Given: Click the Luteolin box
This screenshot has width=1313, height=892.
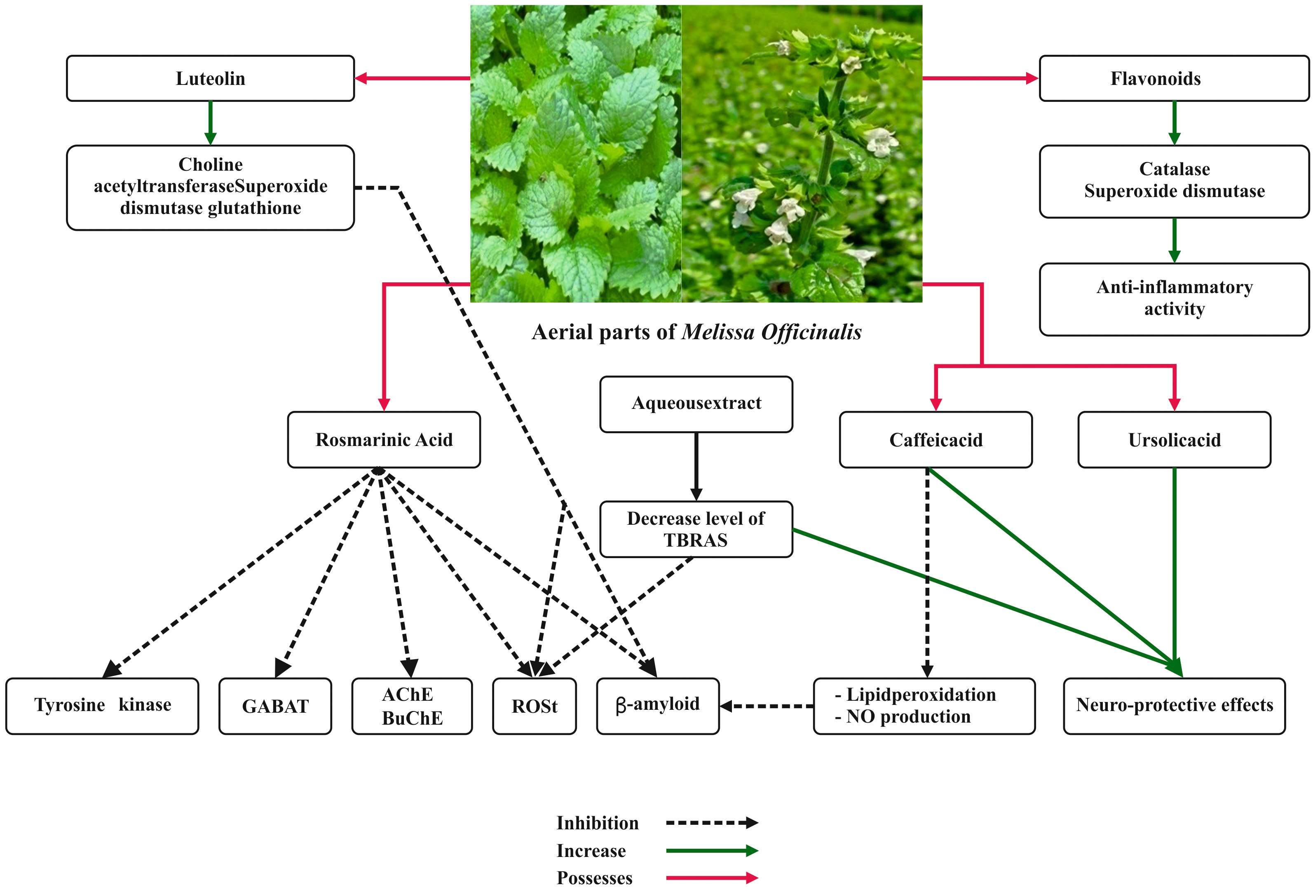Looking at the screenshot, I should pos(210,78).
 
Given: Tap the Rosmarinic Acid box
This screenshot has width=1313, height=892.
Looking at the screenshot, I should pos(384,439).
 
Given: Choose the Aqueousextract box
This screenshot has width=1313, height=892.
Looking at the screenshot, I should pos(696,404).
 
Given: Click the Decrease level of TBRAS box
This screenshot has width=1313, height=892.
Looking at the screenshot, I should pos(696,529).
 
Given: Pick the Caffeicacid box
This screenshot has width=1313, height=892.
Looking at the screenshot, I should pos(936,439).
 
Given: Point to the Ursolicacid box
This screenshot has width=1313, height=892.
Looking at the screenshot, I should pos(1174,439).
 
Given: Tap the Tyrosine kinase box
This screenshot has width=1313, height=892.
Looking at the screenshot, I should pos(102,706).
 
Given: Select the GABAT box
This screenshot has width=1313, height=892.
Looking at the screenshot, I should pos(275,706).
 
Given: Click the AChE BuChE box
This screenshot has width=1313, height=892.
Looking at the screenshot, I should pos(412,706).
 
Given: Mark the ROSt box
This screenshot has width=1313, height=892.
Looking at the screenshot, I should pos(535,706).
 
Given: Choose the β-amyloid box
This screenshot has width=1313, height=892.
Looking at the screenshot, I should pos(658,706).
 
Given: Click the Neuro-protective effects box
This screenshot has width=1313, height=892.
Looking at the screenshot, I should pos(1174,706).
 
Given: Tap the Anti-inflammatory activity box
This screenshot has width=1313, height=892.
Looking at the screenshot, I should pos(1174,299).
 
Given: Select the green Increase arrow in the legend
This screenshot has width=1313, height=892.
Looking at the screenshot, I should pos(711,850).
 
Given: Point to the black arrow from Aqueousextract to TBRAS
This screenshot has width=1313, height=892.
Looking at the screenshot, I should pos(696,466).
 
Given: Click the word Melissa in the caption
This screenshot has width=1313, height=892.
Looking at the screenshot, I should pos(717,332).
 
